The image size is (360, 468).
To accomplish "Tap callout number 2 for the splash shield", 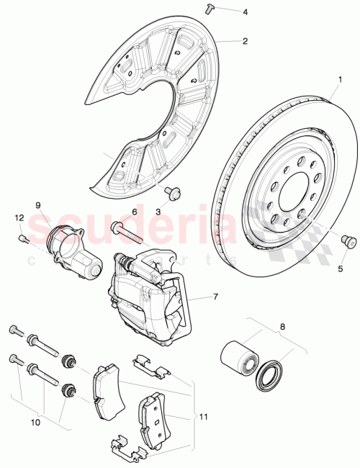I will [x=246, y=41].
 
